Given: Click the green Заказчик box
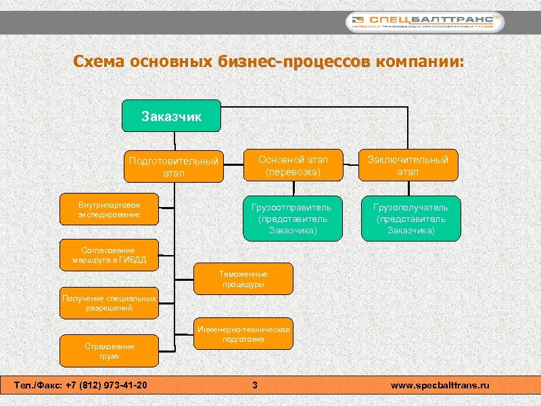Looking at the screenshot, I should tap(171, 116).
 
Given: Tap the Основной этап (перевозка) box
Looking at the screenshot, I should tap(293, 164).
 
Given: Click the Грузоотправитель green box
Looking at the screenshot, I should tap(293, 218).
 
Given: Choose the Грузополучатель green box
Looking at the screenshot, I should tap(410, 218).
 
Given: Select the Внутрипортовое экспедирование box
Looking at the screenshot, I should tap(109, 210).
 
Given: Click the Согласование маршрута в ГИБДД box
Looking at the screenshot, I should tap(109, 255).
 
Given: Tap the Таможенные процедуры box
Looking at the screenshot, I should tap(243, 279).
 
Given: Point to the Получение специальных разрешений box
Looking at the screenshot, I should tap(109, 302).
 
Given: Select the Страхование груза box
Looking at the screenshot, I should tap(109, 351).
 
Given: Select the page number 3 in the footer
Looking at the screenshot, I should tap(254, 386).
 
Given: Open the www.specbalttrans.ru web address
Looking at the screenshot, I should tap(440, 386).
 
